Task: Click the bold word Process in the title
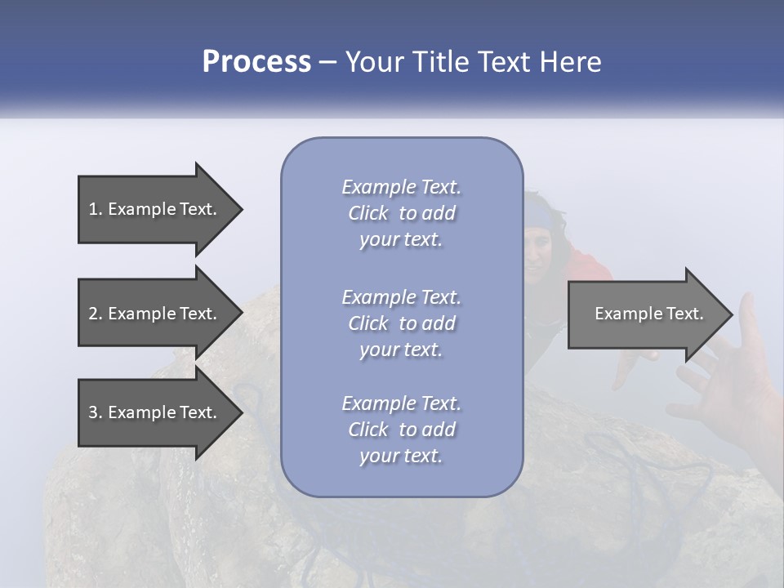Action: (256, 62)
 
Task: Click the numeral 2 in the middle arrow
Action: (92, 314)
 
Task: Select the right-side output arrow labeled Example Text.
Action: (645, 314)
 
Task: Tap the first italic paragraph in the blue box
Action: (401, 213)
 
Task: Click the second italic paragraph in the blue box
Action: (401, 323)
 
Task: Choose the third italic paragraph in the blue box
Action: (401, 430)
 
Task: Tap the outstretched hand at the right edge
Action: (731, 376)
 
